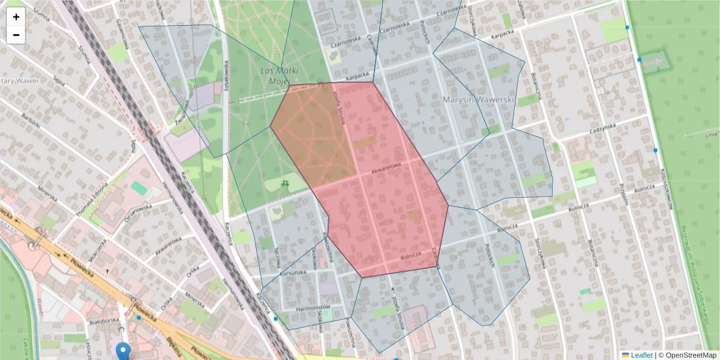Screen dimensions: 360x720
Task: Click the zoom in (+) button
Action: pyautogui.click(x=16, y=17)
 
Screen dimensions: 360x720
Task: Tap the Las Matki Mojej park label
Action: pyautogui.click(x=279, y=76)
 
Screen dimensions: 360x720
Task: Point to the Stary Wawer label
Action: pyautogui.click(x=19, y=80)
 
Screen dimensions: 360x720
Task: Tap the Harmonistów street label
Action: pyautogui.click(x=314, y=308)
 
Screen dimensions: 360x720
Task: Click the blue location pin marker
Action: pyautogui.click(x=123, y=350)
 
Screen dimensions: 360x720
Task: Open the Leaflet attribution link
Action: pyautogui.click(x=641, y=355)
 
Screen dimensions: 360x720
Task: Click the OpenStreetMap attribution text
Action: pyautogui.click(x=690, y=355)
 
